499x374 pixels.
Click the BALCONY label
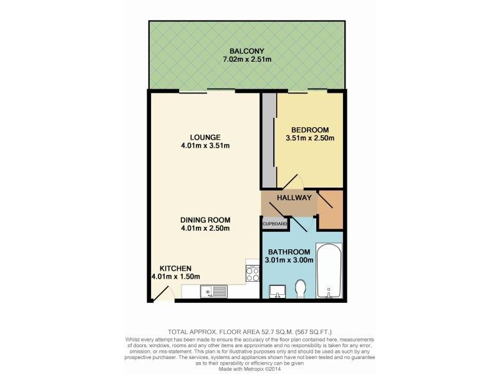click(x=246, y=50)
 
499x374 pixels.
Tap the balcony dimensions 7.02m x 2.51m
click(x=246, y=60)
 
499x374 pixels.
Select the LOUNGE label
click(x=206, y=137)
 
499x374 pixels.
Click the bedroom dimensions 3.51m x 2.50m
click(x=309, y=138)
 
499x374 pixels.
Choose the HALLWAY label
click(x=294, y=198)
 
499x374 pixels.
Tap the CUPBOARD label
click(x=275, y=223)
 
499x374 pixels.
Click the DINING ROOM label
click(x=206, y=219)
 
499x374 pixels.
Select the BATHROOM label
click(x=289, y=252)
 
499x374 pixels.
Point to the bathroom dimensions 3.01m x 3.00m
click(x=289, y=261)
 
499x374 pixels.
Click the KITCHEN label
click(x=175, y=268)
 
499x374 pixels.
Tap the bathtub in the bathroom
click(x=330, y=272)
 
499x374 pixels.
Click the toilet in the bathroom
click(x=300, y=289)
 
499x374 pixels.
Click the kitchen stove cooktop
click(x=253, y=274)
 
